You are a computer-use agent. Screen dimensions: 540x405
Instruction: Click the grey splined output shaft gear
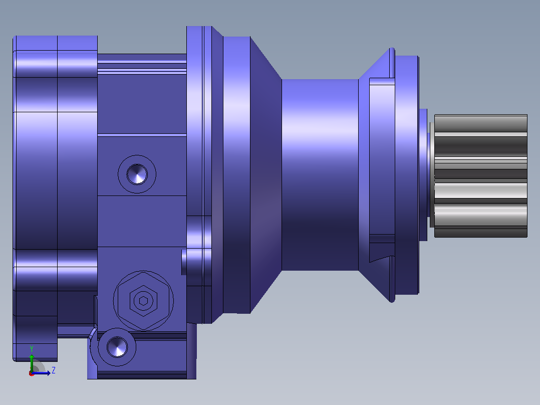click(481, 176)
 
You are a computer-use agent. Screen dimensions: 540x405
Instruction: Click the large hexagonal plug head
click(143, 301)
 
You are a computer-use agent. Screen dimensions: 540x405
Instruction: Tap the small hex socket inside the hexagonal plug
click(144, 301)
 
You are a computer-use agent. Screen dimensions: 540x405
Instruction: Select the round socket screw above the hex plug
click(137, 174)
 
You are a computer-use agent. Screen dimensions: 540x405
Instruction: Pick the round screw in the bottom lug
click(117, 347)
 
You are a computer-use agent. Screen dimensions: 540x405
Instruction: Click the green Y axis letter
click(32, 349)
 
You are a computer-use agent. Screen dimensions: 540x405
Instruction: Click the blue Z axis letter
click(54, 370)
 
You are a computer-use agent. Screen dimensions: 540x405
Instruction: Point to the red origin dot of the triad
click(32, 373)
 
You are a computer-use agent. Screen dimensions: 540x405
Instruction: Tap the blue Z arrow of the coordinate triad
click(41, 373)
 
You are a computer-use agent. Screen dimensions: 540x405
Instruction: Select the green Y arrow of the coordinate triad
click(32, 362)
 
